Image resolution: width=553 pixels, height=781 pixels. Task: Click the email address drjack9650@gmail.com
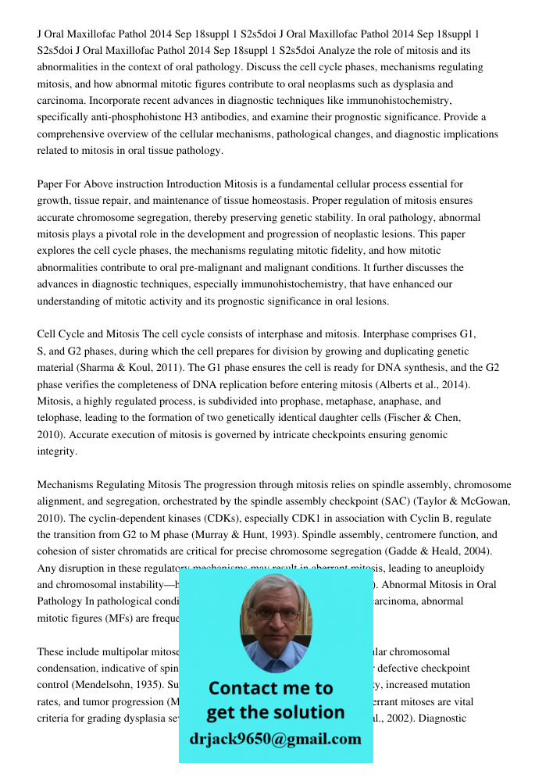[x=276, y=739]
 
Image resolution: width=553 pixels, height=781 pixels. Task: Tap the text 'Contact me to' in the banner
[x=270, y=688]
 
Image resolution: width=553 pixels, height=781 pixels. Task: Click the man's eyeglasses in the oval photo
[x=275, y=613]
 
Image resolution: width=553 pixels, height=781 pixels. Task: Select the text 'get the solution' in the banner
[x=275, y=712]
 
